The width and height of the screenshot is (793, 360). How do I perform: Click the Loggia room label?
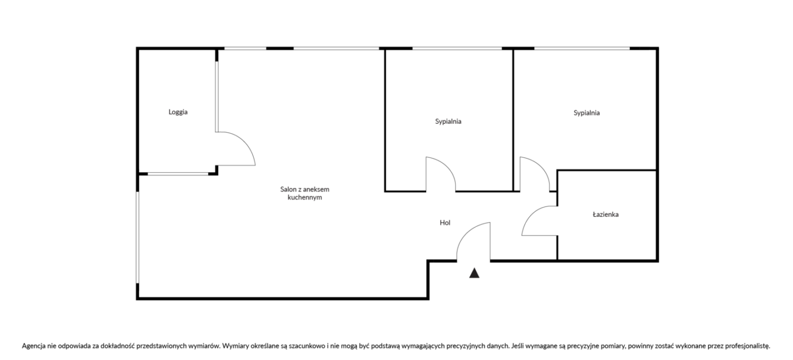coord(178,112)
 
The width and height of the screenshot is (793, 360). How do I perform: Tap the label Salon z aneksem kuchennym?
coord(305,193)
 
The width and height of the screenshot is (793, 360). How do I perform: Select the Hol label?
coord(445,222)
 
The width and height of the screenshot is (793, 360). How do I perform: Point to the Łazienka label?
coord(606,214)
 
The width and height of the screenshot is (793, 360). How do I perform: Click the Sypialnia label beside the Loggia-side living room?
coord(448,122)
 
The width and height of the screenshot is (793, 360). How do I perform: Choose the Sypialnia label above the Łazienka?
coord(586,113)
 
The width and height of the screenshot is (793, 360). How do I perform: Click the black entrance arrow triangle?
coord(474,273)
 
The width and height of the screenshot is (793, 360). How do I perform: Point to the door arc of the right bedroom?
coord(542,166)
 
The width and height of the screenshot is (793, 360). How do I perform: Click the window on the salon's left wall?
coord(138,237)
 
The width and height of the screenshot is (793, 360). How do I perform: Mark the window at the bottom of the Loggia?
coord(178,174)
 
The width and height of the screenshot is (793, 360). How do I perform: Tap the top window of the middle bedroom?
coord(457,48)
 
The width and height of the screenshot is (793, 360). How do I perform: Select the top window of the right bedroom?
coord(582,48)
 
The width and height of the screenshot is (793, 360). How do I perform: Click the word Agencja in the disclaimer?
coord(34,346)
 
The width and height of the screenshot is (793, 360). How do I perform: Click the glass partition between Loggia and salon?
coord(216,97)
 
